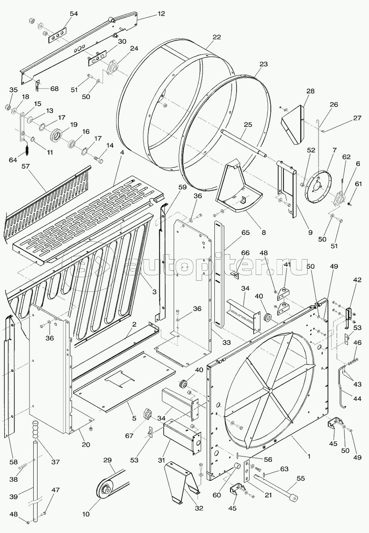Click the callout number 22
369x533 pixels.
click(217, 37)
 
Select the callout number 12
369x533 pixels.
click(161, 14)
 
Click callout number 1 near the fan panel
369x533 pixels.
click(309, 456)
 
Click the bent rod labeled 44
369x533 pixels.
click(343, 387)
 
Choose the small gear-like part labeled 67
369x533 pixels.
click(148, 414)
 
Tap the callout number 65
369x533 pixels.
click(245, 232)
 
